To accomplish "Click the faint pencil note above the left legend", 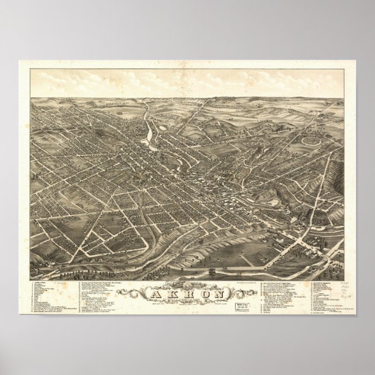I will [x=58, y=279].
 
